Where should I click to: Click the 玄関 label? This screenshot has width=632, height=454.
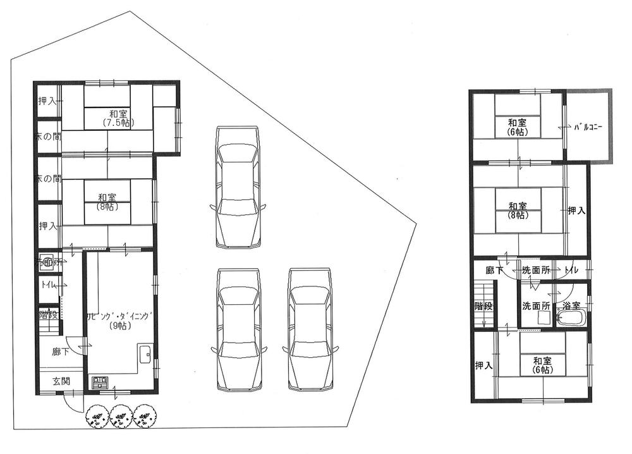coord(61,382)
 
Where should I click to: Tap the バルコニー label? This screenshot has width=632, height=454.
coord(588,127)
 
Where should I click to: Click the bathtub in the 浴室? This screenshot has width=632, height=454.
coord(571,318)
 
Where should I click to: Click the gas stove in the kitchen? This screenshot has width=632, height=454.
coord(100,383)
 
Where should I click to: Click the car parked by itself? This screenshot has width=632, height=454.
coord(237,187)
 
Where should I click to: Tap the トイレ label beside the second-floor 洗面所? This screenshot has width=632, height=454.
coord(572,270)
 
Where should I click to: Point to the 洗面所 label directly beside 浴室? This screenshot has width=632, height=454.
coord(535,305)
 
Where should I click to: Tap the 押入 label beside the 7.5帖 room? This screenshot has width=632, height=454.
coord(48,101)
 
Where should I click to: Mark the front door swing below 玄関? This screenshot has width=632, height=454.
coord(73,403)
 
